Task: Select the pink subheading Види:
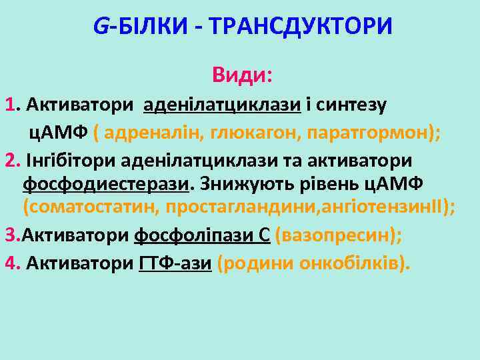[241, 75]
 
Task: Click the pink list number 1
[9, 105]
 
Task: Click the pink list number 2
[10, 161]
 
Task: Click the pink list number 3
[10, 235]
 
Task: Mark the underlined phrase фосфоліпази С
[202, 235]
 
